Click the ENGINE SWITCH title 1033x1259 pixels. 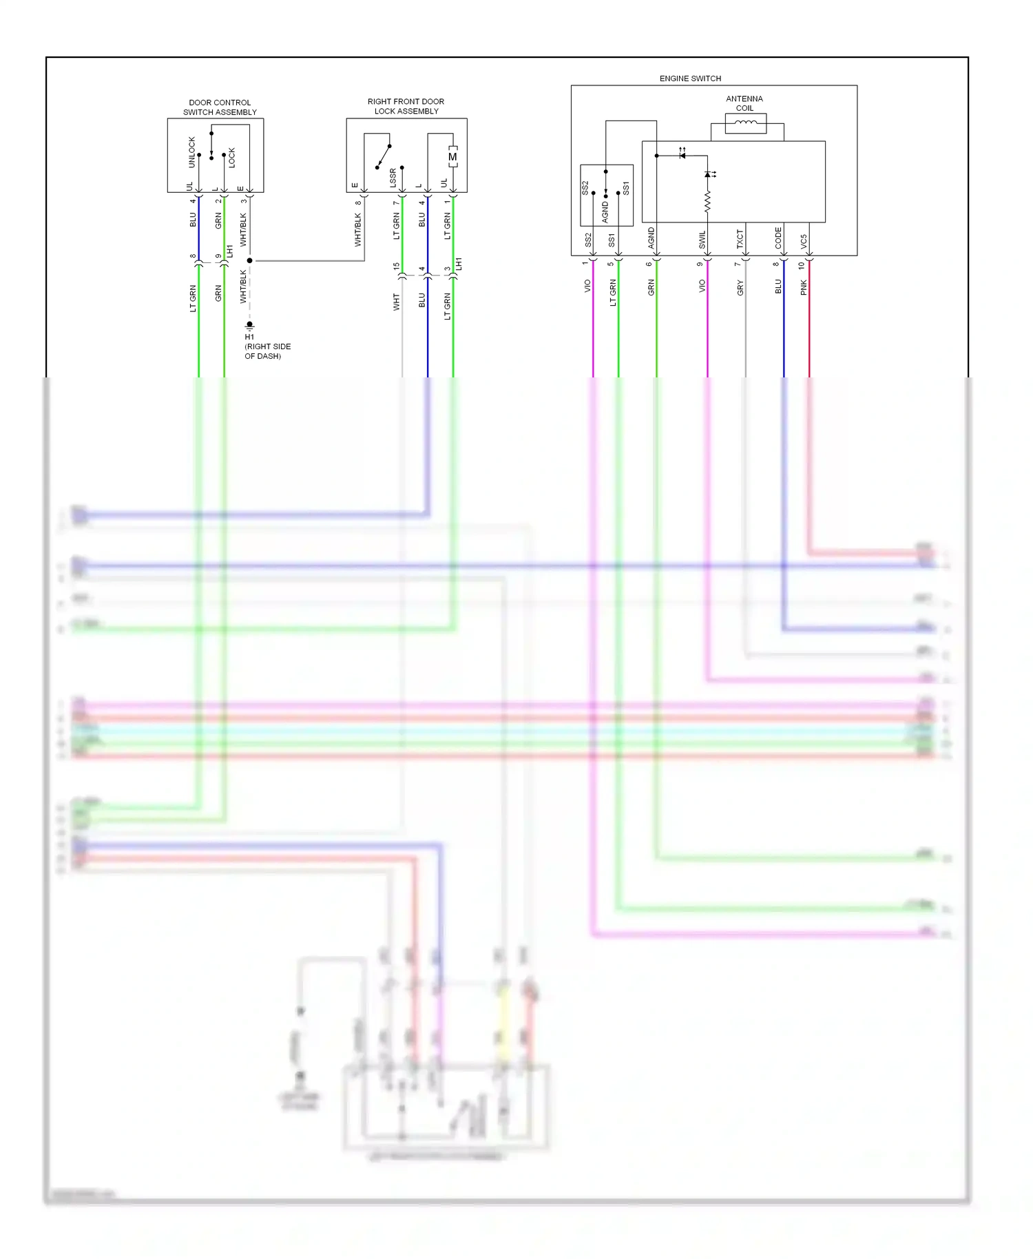tap(690, 79)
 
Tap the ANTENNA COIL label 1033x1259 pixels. tap(744, 103)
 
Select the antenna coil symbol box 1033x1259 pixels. tap(746, 123)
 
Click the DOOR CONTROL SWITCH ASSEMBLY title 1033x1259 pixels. tap(220, 107)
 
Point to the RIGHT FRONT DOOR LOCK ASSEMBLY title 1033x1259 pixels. tap(406, 106)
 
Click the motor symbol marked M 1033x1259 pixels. tap(452, 157)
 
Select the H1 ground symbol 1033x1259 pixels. tap(250, 325)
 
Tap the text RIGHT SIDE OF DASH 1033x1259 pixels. tap(268, 351)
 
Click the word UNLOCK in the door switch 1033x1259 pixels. tap(192, 152)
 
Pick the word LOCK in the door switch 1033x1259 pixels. tap(232, 158)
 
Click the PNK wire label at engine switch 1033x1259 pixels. tap(804, 288)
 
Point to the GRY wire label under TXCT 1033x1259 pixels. tap(740, 288)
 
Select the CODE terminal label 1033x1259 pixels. tap(778, 238)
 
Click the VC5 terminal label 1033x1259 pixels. tap(804, 241)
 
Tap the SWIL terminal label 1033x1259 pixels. tap(702, 240)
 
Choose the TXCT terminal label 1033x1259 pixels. tap(740, 239)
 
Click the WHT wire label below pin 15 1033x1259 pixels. tap(397, 302)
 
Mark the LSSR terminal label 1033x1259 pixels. tap(393, 178)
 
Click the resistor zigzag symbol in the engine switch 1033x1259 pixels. tap(707, 201)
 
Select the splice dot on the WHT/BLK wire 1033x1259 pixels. tap(250, 260)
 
